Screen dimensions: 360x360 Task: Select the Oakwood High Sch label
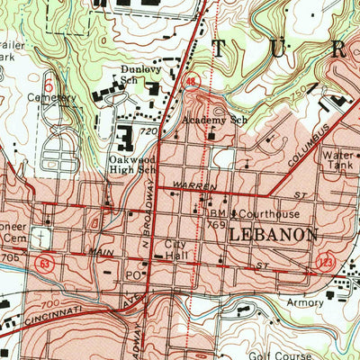132,164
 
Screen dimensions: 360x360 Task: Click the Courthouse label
267,214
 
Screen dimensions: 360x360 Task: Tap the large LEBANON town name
273,233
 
